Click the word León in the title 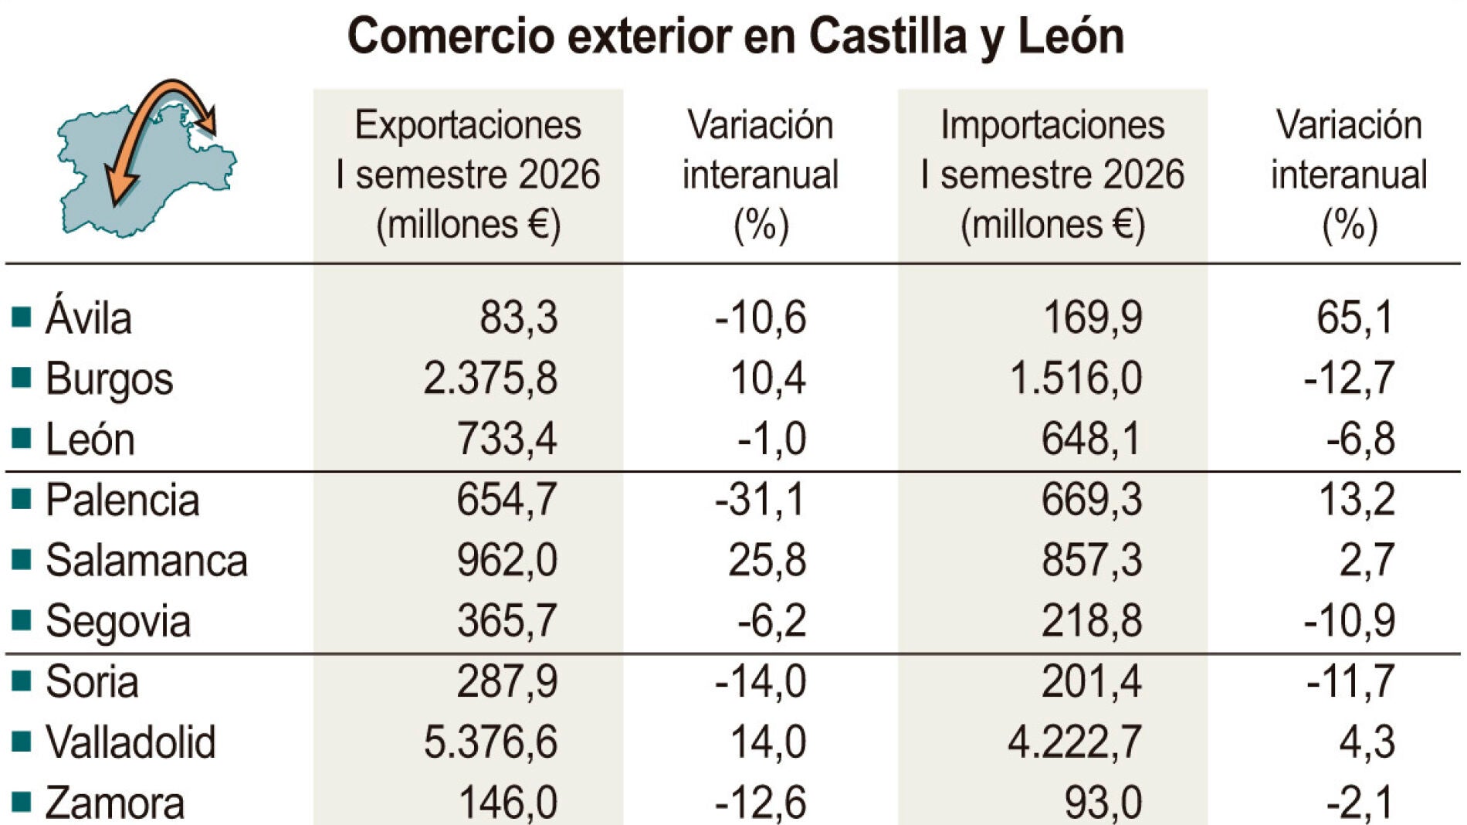1071,36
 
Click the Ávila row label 89,317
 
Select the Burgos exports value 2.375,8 490,379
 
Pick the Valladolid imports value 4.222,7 1075,742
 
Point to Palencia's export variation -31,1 760,500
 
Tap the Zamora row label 115,803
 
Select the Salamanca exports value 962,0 507,560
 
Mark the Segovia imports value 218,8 1092,620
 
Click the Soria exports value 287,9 507,681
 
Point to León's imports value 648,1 1091,439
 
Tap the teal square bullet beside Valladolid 22,741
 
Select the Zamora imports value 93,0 1103,803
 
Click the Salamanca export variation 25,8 767,560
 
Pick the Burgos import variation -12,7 1349,379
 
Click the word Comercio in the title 451,36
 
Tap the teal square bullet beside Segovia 22,620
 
